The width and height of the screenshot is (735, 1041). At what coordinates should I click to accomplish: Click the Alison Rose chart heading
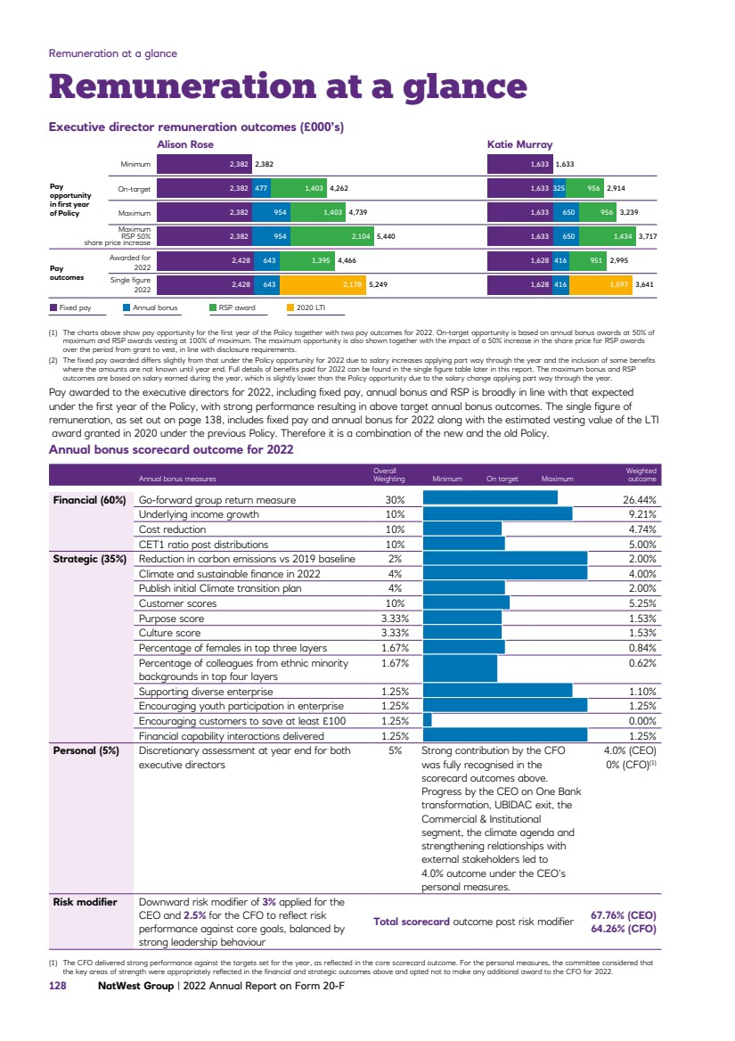point(185,143)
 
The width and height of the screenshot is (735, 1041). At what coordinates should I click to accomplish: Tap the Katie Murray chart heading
point(519,143)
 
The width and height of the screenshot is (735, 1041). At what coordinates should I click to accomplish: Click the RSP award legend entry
point(233,307)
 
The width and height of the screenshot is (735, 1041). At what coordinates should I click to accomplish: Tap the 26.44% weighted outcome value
point(639,500)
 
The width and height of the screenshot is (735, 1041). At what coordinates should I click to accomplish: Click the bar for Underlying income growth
point(497,514)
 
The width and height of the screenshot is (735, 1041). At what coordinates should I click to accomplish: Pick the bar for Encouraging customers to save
point(427,720)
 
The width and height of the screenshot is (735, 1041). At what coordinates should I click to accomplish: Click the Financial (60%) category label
point(88,500)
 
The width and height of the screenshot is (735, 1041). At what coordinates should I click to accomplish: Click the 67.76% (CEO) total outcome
point(624,914)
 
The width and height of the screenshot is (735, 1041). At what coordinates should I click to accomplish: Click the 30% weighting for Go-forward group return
point(394,500)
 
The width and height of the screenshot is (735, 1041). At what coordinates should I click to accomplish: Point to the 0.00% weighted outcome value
point(641,720)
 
